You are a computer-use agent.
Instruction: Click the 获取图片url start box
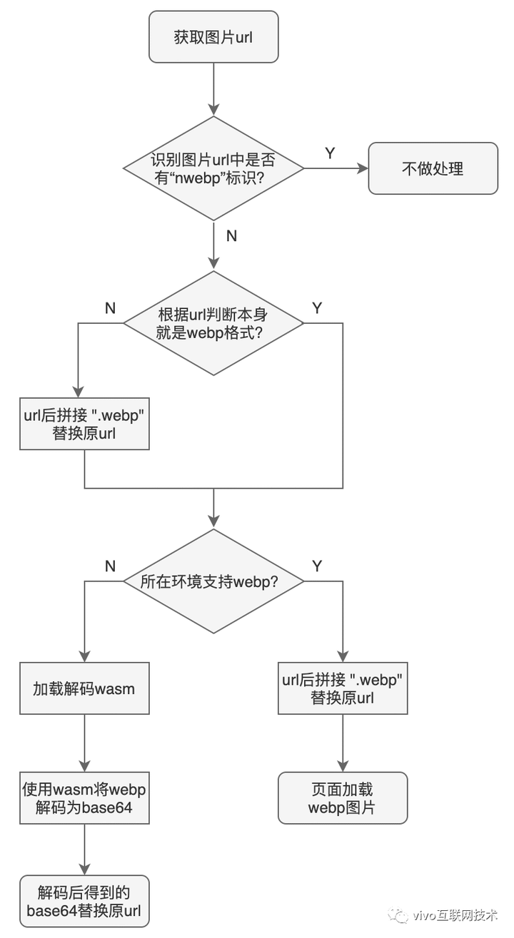coord(213,36)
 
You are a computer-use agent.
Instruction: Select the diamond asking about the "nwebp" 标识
coord(213,168)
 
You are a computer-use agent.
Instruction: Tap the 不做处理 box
coord(433,168)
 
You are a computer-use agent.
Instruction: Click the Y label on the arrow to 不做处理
coord(330,153)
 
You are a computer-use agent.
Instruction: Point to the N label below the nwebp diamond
coord(231,236)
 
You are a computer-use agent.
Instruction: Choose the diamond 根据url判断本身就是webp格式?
coord(213,323)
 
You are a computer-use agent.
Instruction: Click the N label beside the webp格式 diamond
coord(110,307)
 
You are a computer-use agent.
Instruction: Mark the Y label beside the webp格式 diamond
coord(318,307)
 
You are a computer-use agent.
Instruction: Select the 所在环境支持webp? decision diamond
coord(213,581)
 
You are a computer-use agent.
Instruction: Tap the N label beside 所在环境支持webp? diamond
coord(110,566)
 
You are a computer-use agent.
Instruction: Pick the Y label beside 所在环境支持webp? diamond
coord(318,566)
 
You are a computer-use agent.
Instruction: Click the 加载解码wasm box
coord(84,688)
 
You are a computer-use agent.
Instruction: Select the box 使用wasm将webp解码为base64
coord(84,798)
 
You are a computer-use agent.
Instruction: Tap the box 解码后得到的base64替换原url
coord(84,901)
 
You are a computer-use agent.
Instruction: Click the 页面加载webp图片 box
coord(342,798)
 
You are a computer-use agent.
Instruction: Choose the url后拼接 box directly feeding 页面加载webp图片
coord(342,688)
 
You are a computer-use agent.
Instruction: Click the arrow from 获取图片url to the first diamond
coord(213,89)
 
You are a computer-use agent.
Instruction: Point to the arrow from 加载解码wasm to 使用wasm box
coord(84,743)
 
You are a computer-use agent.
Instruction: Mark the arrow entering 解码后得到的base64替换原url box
coord(84,850)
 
